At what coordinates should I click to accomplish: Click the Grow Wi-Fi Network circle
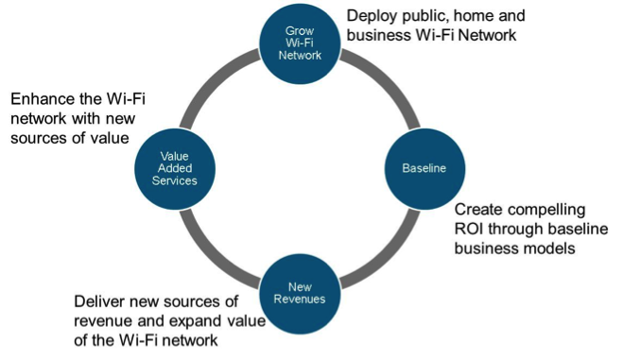pos(300,43)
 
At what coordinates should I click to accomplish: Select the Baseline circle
pos(425,168)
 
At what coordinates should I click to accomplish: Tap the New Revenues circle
pos(300,294)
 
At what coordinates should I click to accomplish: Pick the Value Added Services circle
pos(175,169)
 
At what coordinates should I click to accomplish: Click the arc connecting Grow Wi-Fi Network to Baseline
pos(388,80)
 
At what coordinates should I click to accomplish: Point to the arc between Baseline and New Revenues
pos(388,256)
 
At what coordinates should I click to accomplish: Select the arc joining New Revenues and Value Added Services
pos(212,256)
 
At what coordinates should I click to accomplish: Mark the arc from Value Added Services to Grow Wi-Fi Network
pos(212,80)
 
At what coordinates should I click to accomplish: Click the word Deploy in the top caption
pos(372,17)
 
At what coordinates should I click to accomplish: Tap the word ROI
pos(469,229)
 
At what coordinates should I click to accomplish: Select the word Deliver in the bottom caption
pos(100,301)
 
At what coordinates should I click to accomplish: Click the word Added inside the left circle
pos(175,168)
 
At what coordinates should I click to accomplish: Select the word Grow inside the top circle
pos(300,31)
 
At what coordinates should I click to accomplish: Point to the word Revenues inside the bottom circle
pos(300,300)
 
